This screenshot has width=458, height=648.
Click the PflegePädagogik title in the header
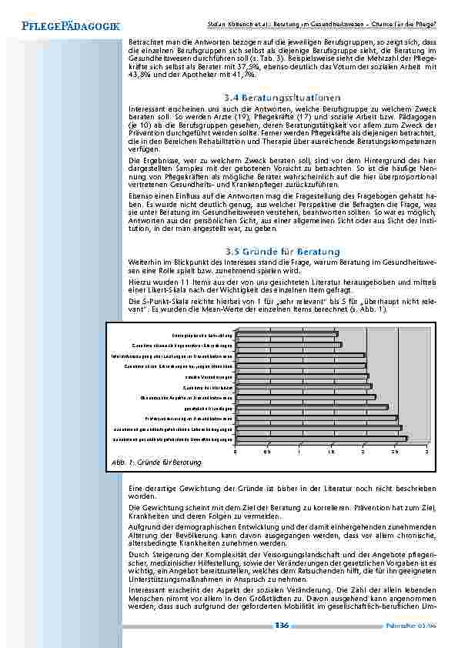(x=65, y=27)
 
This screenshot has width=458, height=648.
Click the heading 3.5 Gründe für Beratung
(x=282, y=251)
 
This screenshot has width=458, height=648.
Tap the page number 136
(x=281, y=625)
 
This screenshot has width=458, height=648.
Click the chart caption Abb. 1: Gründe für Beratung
(x=151, y=463)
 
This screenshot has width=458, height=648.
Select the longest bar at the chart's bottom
(x=322, y=438)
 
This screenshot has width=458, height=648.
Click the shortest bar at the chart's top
(x=287, y=333)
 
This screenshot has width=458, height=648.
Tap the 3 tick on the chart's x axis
(x=426, y=451)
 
